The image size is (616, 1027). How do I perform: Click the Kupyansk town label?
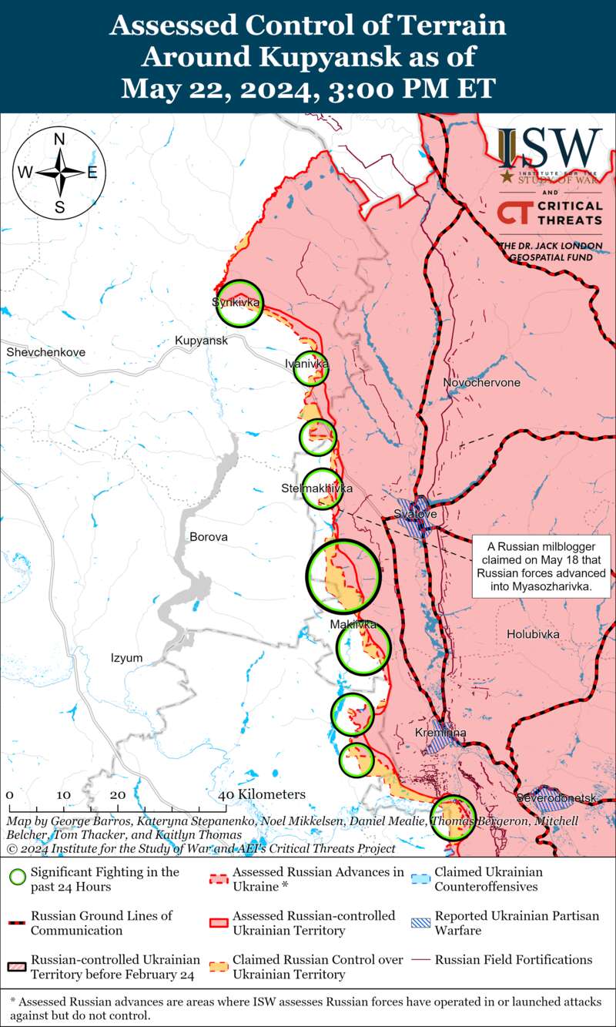201,341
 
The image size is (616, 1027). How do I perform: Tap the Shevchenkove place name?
45,352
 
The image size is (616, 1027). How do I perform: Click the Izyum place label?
126,657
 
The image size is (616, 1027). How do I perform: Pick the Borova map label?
208,536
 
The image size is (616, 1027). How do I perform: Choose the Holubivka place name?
533,633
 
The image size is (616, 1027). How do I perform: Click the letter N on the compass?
59,140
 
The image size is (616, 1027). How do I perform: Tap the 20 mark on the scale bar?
118,794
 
